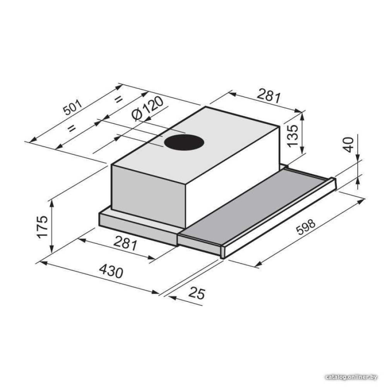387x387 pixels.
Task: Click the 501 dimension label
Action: [x=73, y=107]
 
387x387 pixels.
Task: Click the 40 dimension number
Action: [x=349, y=145]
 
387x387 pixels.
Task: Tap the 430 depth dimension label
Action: [x=111, y=271]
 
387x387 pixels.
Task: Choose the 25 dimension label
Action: [x=197, y=293]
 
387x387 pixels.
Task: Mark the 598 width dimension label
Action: [x=306, y=227]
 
